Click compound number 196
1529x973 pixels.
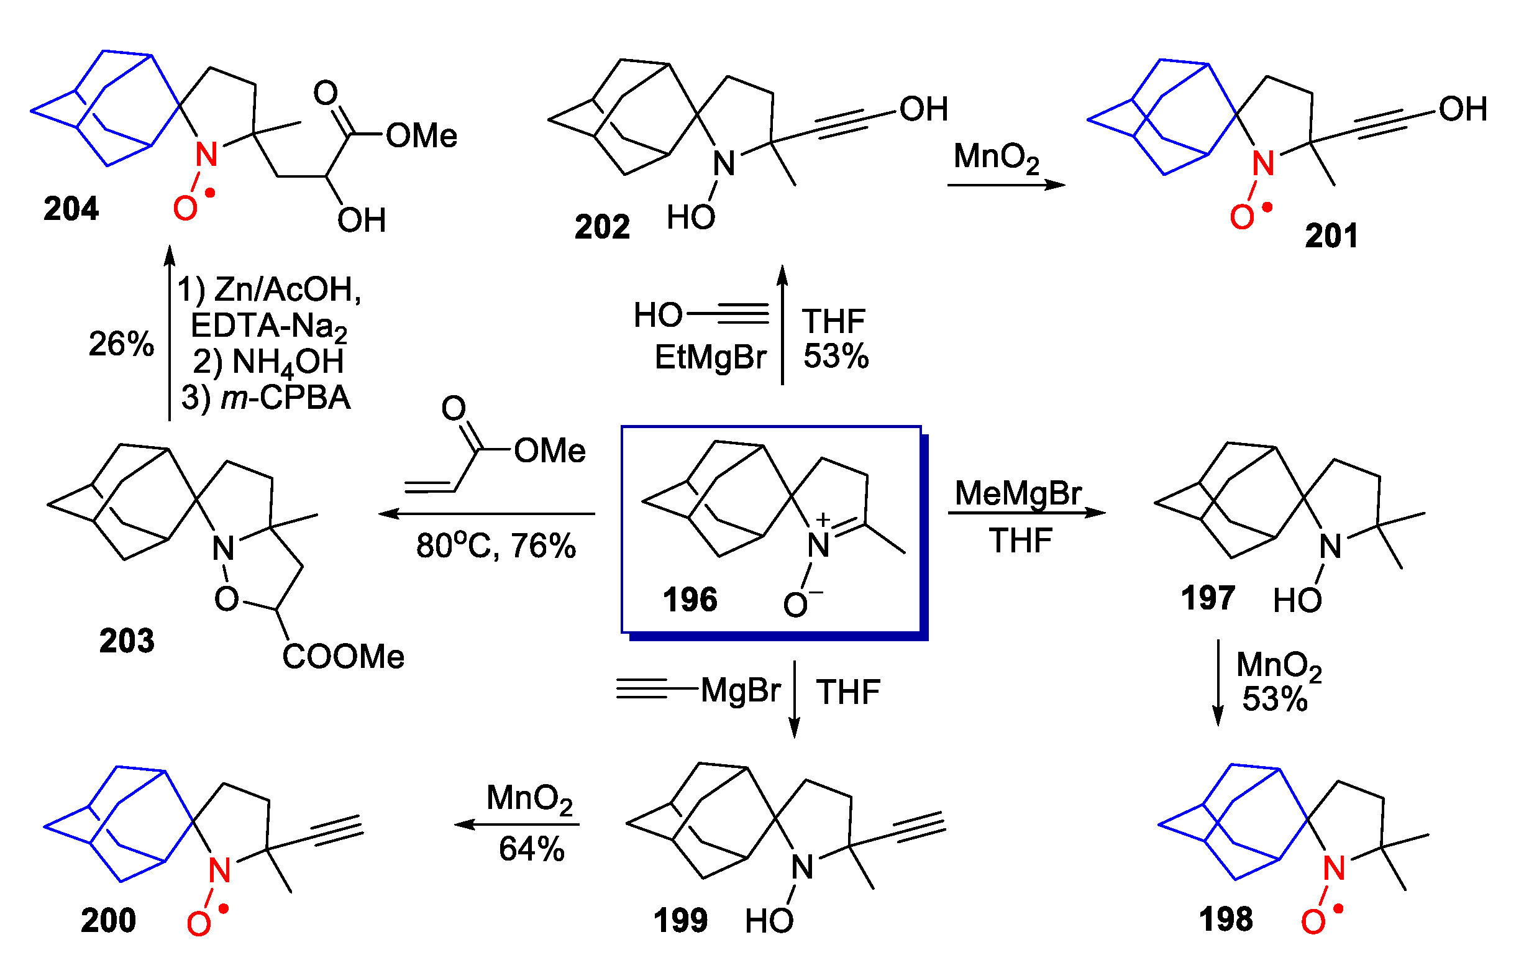pyautogui.click(x=690, y=600)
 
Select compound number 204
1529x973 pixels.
pyautogui.click(x=70, y=208)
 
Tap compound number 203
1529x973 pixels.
pyautogui.click(x=126, y=640)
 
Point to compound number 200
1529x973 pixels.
pyautogui.click(x=108, y=920)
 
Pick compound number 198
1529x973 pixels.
pyautogui.click(x=1225, y=918)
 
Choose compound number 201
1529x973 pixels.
pyautogui.click(x=1331, y=235)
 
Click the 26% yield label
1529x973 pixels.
pyautogui.click(x=121, y=344)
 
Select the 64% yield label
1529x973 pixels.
pyautogui.click(x=531, y=849)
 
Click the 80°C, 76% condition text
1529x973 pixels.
pyautogui.click(x=496, y=546)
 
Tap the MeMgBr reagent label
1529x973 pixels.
pyautogui.click(x=1018, y=493)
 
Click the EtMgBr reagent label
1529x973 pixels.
pyautogui.click(x=711, y=357)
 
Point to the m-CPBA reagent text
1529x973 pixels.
pyautogui.click(x=285, y=398)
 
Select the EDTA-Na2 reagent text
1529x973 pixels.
pyautogui.click(x=268, y=326)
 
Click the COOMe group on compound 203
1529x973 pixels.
pyautogui.click(x=343, y=657)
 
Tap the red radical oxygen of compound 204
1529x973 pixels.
pyautogui.click(x=185, y=208)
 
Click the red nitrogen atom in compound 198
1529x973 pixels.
pyautogui.click(x=1334, y=868)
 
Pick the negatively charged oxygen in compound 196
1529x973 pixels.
pyautogui.click(x=796, y=605)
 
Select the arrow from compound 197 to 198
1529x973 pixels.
pyautogui.click(x=1218, y=682)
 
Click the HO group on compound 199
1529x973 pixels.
pyautogui.click(x=769, y=921)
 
